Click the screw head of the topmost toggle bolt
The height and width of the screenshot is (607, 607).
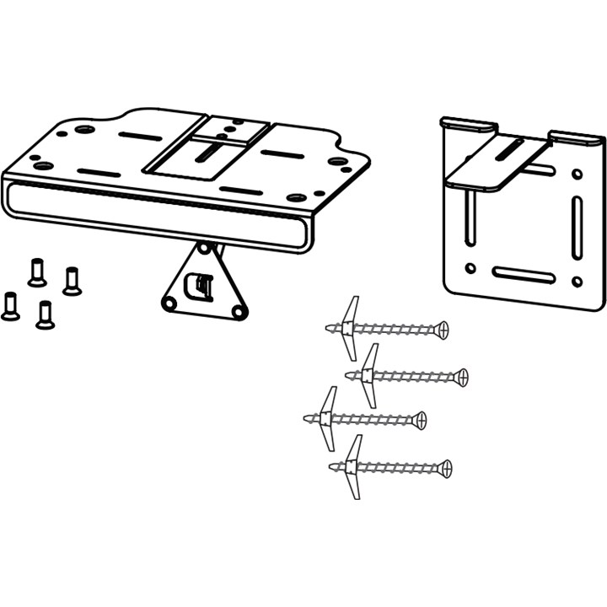click(x=443, y=328)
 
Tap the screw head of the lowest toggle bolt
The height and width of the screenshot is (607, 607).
click(x=445, y=466)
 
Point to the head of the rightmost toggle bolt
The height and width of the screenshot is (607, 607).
click(x=461, y=375)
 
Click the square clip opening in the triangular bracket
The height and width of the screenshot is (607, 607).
click(x=198, y=286)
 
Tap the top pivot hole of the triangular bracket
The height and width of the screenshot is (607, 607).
click(x=202, y=249)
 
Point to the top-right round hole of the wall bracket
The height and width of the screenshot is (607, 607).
click(x=577, y=175)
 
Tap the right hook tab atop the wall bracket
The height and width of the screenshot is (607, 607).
click(x=577, y=136)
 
